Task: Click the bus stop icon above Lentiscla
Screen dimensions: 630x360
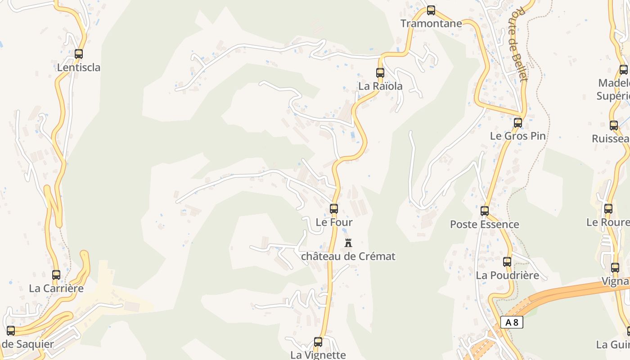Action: tap(79, 54)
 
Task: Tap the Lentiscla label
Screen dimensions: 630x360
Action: tap(79, 68)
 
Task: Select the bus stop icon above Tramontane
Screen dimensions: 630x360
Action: tap(431, 10)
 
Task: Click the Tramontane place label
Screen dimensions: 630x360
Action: tap(431, 23)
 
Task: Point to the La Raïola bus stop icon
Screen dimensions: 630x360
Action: tap(380, 72)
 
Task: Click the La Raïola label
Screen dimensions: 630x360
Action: tap(380, 86)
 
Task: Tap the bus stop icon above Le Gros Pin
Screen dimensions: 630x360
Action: tap(518, 122)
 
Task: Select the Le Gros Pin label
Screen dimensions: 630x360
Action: tap(517, 136)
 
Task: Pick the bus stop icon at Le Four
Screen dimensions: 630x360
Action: tap(334, 209)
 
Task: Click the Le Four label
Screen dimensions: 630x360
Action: tap(334, 222)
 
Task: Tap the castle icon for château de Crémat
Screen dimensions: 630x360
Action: tap(348, 243)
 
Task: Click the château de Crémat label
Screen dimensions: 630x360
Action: tap(348, 256)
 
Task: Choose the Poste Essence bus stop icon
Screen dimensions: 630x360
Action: tap(485, 211)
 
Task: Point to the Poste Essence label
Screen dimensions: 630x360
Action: tap(485, 224)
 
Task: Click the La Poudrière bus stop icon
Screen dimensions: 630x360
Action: tap(507, 261)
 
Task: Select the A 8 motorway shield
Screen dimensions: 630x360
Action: tap(512, 322)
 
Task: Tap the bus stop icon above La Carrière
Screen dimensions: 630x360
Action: tap(56, 274)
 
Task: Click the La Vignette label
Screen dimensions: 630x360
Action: tap(318, 355)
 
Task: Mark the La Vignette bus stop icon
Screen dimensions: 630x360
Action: tap(318, 342)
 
